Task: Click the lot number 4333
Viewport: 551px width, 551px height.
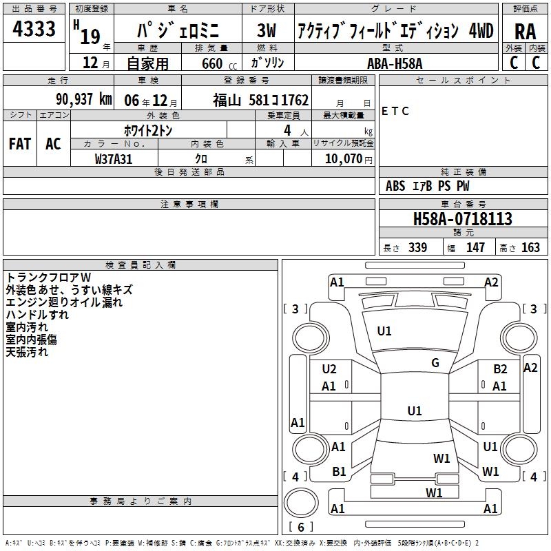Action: coord(34,28)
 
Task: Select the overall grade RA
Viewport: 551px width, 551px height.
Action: coord(525,32)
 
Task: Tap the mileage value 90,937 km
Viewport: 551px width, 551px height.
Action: coord(84,99)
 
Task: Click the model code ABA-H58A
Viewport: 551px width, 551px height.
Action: coord(395,63)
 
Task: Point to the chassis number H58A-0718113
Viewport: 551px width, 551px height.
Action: coord(463,219)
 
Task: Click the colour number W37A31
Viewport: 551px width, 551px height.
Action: coord(114,159)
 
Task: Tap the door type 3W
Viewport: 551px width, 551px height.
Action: coord(267,30)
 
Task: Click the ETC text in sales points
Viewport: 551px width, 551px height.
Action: coord(395,111)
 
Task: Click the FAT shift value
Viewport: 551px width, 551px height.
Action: coord(20,144)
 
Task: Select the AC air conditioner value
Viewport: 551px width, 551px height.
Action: coord(53,144)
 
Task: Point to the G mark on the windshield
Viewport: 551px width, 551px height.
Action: coord(435,363)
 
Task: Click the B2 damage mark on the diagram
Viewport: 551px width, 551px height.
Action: coord(500,369)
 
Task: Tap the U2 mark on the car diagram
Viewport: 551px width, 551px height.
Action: coord(329,369)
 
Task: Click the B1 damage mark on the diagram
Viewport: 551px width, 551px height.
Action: coord(339,472)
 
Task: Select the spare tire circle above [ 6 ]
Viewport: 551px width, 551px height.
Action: coord(301,503)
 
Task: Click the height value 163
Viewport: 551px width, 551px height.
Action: coord(530,248)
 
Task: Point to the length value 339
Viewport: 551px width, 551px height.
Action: coord(417,248)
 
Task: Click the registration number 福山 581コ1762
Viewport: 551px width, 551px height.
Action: coord(261,101)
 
